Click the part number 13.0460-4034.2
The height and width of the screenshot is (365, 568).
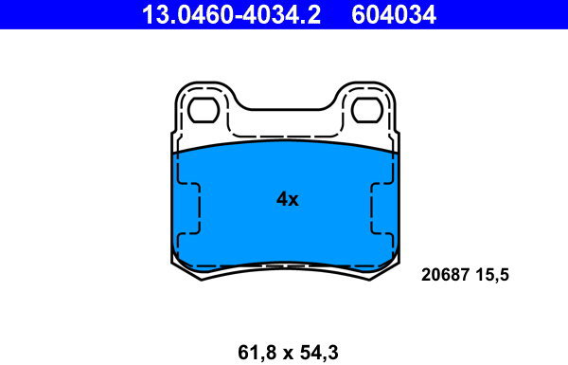[x=231, y=15]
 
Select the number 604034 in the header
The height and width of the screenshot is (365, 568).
[x=394, y=15]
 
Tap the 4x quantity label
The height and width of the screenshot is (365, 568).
[x=288, y=199]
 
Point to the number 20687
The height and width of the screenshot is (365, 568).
[x=445, y=275]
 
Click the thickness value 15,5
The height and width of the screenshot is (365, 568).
[x=492, y=275]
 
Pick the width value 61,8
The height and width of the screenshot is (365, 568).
[x=257, y=353]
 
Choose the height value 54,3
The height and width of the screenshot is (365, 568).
[x=319, y=353]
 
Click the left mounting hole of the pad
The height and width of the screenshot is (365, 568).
[x=204, y=110]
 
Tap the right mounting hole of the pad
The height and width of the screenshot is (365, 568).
[x=367, y=110]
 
